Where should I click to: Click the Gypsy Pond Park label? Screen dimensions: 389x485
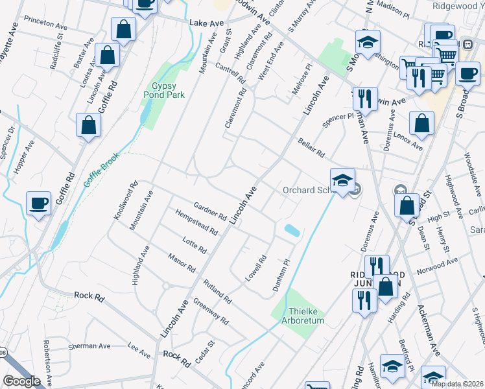tap(164, 90)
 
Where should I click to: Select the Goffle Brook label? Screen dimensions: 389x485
tap(101, 170)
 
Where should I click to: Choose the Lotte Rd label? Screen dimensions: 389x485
tap(195, 244)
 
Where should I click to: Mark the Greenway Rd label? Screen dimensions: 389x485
tap(211, 311)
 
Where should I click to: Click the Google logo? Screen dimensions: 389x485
tap(21, 381)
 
